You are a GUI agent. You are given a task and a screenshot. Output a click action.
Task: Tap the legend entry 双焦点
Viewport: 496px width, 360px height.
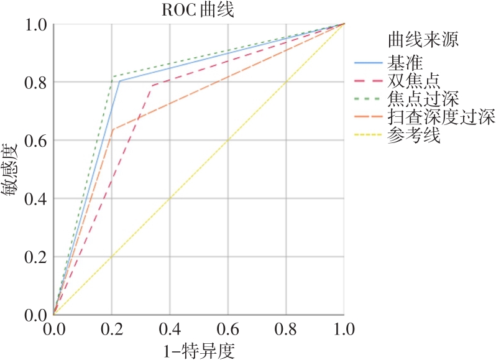point(413,81)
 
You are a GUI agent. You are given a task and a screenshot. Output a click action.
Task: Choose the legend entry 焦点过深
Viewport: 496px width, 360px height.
point(423,99)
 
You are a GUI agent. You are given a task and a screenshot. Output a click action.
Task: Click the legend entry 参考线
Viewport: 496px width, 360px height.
point(413,135)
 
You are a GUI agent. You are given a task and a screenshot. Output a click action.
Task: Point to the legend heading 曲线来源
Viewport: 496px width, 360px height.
point(423,41)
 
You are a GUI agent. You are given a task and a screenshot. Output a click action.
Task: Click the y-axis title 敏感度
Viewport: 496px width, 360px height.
point(12,169)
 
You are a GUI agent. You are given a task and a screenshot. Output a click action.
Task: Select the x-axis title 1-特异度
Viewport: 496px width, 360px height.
point(200,349)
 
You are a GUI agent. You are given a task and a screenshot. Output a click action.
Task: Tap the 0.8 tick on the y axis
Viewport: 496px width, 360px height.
point(35,82)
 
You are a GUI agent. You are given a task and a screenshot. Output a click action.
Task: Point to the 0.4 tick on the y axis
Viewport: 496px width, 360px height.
point(35,198)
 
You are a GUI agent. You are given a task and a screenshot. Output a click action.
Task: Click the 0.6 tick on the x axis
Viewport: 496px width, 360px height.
point(227,327)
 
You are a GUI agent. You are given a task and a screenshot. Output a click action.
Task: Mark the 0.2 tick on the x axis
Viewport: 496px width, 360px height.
point(111,327)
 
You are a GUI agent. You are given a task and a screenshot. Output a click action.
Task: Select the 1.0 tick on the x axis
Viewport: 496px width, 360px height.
point(344,327)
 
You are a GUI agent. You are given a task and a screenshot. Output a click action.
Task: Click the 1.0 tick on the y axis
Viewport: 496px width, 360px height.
point(35,24)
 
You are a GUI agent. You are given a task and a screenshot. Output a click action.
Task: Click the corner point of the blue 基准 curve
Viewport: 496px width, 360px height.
point(119,81)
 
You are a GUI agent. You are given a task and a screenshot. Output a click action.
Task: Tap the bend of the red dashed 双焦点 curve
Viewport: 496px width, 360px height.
point(152,85)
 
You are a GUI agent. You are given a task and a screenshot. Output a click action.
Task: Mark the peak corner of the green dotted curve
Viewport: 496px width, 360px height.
point(113,76)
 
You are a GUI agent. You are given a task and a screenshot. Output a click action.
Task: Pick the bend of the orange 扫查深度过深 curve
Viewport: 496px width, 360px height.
point(112,129)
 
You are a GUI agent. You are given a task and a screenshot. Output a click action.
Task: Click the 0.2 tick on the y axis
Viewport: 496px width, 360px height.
point(35,257)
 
